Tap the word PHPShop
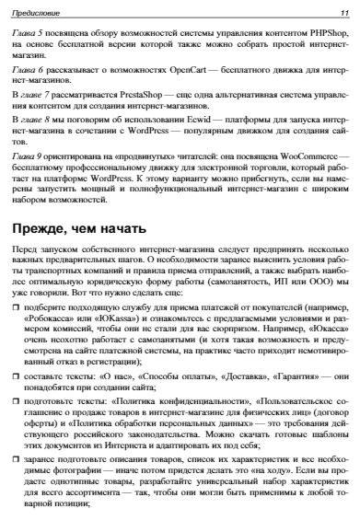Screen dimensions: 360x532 point(329,30)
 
